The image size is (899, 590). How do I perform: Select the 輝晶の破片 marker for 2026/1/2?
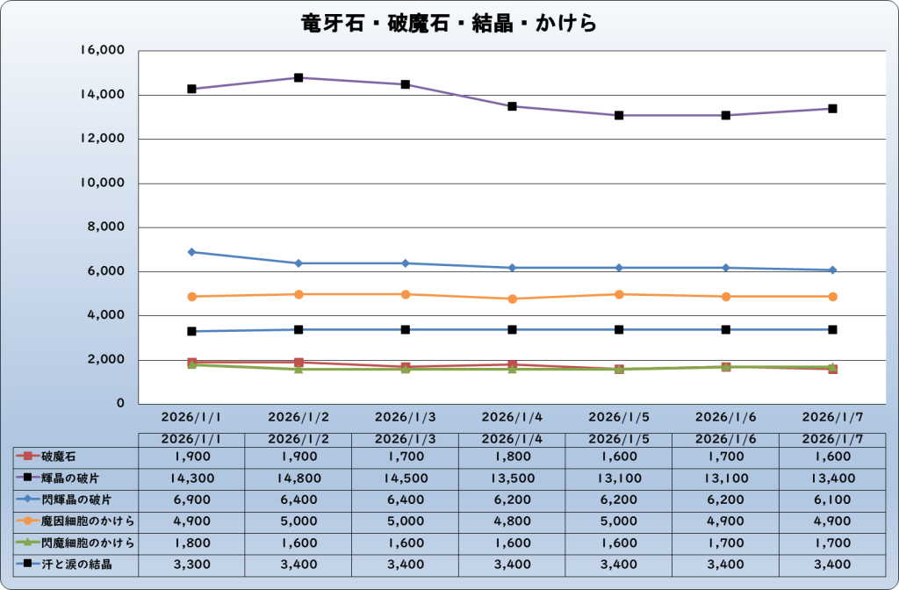coord(298,78)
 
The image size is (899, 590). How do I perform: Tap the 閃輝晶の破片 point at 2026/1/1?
coord(191,252)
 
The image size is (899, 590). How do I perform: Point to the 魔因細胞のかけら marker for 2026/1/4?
coord(512,299)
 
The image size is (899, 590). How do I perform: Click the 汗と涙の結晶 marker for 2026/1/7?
coord(832,329)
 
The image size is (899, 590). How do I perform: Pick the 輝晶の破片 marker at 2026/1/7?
coord(832,109)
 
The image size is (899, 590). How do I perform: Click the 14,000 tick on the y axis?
coord(103,95)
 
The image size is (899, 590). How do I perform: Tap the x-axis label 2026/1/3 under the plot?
coord(405,417)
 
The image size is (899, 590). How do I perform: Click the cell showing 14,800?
coord(298,478)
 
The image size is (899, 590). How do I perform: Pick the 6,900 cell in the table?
coord(191,500)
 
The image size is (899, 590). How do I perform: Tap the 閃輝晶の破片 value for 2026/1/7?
coord(832,500)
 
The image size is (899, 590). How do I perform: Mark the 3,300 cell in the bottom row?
coord(191,565)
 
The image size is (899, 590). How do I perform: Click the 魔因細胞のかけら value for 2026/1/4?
coord(512,522)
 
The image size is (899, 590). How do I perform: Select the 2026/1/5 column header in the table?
coord(619,438)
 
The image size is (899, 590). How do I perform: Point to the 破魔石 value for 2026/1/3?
coord(405,457)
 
